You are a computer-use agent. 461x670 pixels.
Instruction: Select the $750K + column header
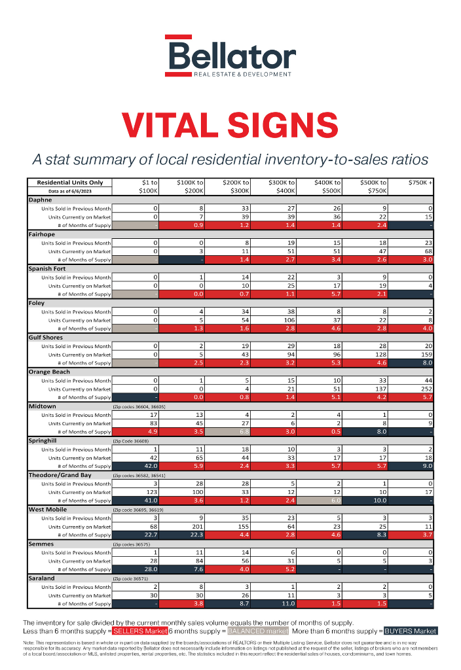(x=420, y=183)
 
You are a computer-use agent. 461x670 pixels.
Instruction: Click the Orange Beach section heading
(x=50, y=372)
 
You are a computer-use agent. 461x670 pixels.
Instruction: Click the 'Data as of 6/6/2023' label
(x=70, y=190)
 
